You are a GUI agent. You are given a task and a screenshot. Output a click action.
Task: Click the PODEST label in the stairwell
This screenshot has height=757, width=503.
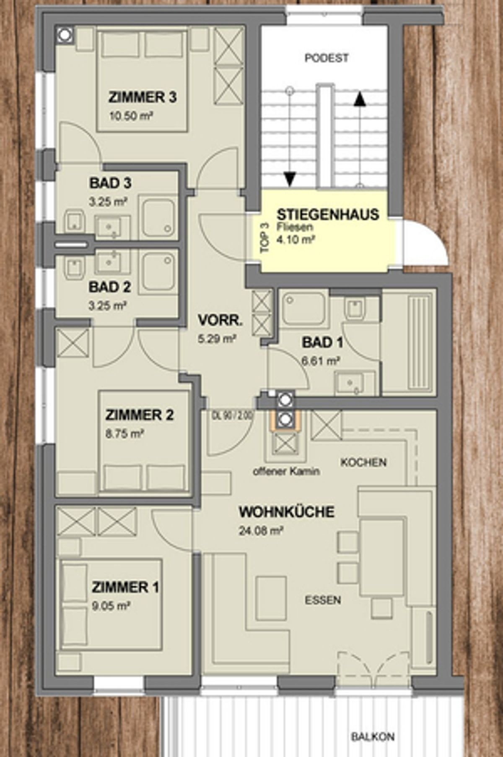327,58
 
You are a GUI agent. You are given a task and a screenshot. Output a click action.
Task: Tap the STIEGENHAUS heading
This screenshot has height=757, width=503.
328,214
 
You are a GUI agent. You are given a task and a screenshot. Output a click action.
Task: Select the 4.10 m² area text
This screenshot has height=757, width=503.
296,240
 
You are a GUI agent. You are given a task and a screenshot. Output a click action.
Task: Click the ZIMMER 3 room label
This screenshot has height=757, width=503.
143,97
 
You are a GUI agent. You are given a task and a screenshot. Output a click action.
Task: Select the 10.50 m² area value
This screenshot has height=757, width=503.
130,116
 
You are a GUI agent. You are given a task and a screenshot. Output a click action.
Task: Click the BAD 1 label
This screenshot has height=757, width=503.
322,342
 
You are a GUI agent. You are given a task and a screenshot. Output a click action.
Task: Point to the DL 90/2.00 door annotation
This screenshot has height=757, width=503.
233,416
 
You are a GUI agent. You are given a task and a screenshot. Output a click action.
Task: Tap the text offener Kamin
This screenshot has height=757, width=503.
286,471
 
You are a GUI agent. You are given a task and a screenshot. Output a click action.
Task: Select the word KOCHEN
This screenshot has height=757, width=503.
363,462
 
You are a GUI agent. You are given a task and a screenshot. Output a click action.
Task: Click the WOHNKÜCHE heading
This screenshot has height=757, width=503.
287,512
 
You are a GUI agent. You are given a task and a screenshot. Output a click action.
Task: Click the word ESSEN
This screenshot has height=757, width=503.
323,600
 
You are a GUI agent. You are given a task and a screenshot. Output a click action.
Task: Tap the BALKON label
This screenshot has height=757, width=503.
373,736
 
